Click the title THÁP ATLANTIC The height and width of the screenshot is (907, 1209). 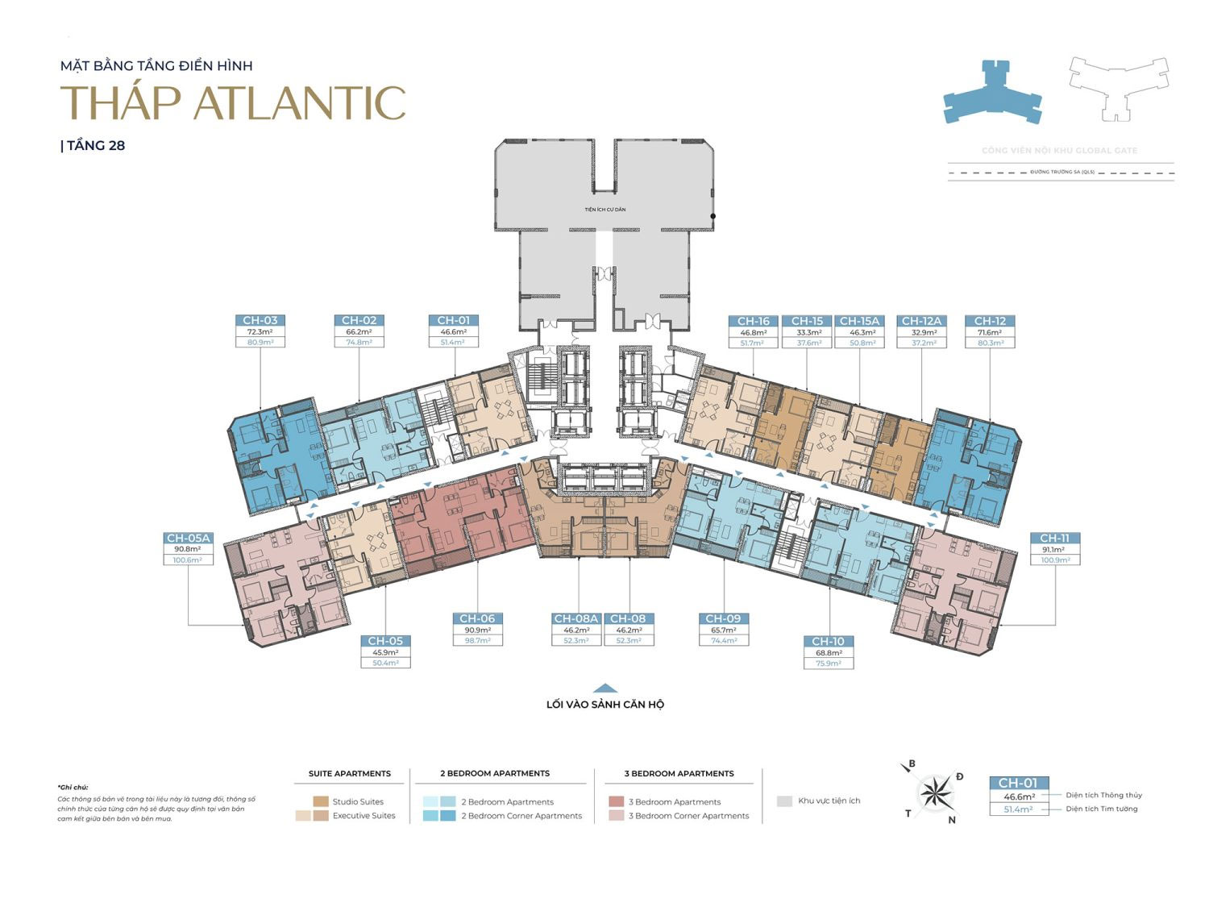[233, 102]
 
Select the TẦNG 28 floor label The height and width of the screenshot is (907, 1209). [94, 146]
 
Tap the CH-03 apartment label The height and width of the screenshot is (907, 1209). [260, 320]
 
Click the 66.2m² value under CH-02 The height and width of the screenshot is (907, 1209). [359, 331]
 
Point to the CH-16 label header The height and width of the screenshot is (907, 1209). [753, 321]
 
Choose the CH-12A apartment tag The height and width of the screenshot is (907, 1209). [921, 321]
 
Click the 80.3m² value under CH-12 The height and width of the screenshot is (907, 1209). [990, 343]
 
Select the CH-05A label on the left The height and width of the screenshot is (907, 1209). [188, 538]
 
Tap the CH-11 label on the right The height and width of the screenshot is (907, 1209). [1054, 538]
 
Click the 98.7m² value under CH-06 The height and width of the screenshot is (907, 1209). [477, 640]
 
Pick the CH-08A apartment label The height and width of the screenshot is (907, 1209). [575, 618]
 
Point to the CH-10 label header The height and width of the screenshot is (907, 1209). [828, 641]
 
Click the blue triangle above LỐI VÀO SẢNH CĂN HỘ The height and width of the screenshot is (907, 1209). [605, 688]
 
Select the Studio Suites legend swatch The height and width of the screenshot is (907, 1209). [321, 801]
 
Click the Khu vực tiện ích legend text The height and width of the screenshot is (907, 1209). [829, 801]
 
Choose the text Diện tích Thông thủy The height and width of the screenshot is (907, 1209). [1103, 795]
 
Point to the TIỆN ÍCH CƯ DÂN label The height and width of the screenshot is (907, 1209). [604, 210]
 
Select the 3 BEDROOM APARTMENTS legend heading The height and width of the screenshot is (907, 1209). [679, 773]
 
